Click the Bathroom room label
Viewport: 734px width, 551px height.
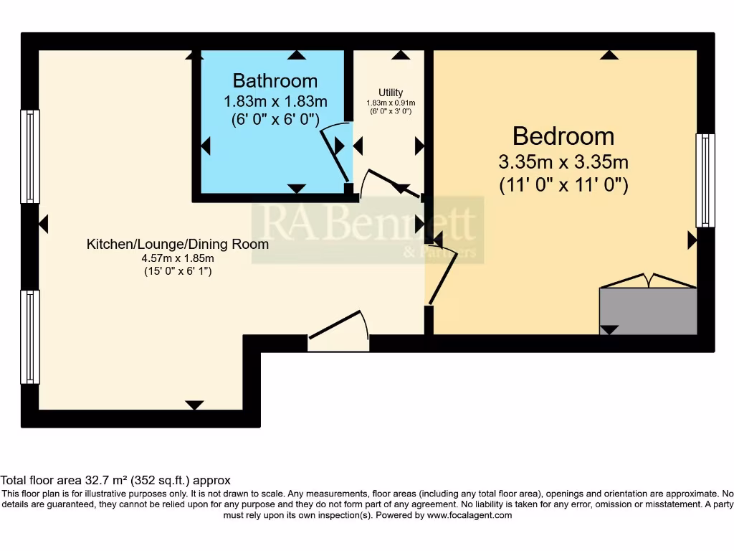tap(275, 80)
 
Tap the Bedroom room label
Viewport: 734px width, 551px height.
tap(563, 136)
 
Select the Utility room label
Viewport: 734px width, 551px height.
tap(391, 93)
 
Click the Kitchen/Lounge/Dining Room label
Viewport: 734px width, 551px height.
tap(178, 244)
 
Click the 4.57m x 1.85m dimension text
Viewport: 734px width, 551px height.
tap(178, 258)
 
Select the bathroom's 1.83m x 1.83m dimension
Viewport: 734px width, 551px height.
tap(275, 100)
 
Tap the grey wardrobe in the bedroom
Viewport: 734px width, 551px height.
tap(648, 311)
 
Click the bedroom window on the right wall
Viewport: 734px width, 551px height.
tap(705, 180)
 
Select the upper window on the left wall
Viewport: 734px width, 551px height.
tap(30, 156)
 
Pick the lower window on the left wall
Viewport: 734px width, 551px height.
tap(30, 336)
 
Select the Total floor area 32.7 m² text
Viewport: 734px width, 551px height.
tap(115, 480)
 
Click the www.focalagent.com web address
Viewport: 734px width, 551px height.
tap(470, 515)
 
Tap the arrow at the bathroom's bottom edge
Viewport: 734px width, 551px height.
tap(295, 189)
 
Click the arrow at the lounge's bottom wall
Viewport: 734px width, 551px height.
tap(194, 405)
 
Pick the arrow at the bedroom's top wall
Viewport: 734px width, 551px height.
tap(609, 55)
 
